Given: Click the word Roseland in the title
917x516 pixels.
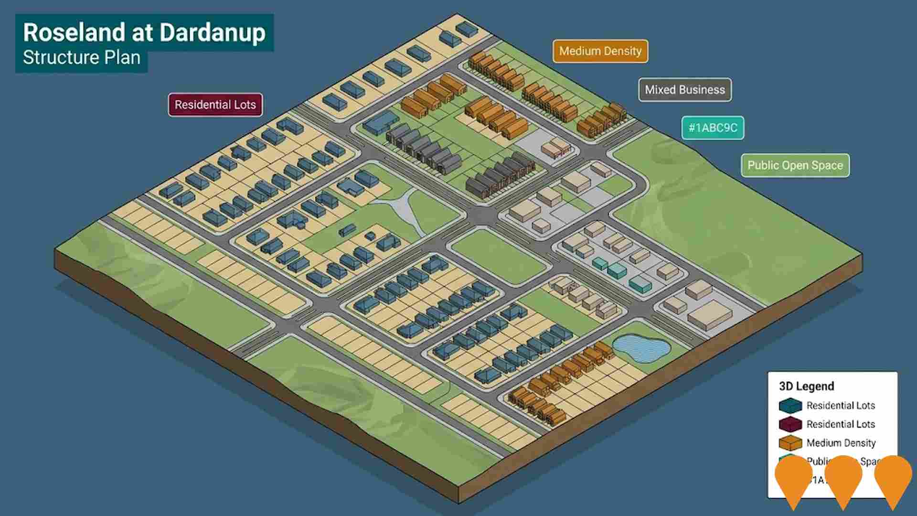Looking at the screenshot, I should pyautogui.click(x=74, y=33).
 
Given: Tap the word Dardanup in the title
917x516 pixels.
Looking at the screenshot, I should pyautogui.click(x=212, y=33).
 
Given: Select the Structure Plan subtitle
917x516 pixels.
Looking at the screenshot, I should pyautogui.click(x=82, y=58).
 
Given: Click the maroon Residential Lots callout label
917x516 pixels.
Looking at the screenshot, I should pyautogui.click(x=215, y=105).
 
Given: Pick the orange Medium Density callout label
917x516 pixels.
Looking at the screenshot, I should pyautogui.click(x=600, y=51).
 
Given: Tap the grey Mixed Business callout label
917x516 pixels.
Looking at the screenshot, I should pyautogui.click(x=684, y=90).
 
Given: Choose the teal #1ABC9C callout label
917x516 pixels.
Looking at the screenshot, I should pyautogui.click(x=713, y=128).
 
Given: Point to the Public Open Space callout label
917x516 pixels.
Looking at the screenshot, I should pyautogui.click(x=795, y=165).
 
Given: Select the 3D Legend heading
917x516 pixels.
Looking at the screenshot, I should pyautogui.click(x=806, y=386).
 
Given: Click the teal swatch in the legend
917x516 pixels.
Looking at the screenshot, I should pyautogui.click(x=790, y=406).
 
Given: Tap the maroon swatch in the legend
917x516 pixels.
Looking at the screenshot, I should pyautogui.click(x=790, y=424).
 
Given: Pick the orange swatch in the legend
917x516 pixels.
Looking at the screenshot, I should pyautogui.click(x=790, y=443).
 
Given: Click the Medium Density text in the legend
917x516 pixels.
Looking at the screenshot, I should pyautogui.click(x=841, y=443).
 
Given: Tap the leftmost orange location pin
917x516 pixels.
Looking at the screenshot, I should pyautogui.click(x=793, y=478).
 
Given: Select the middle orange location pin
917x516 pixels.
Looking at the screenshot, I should pyautogui.click(x=843, y=478).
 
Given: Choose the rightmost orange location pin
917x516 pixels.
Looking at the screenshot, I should pyautogui.click(x=893, y=478).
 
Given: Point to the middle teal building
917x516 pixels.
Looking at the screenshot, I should pyautogui.click(x=617, y=271).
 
